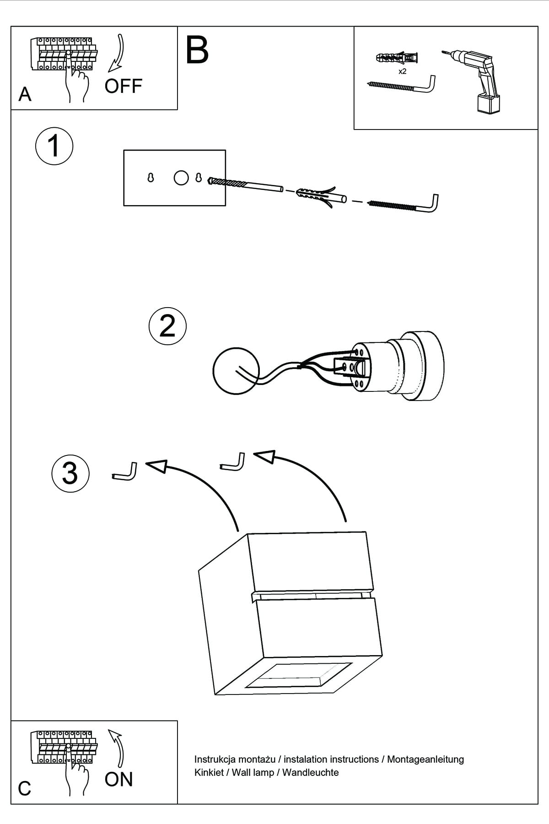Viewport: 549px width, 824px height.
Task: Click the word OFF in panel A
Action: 123,86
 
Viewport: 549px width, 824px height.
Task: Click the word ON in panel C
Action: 118,779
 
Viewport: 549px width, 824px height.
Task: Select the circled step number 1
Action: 54,146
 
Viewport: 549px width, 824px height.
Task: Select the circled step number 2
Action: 167,326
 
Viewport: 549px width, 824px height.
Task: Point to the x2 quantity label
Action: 403,71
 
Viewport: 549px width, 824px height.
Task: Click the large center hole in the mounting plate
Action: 181,178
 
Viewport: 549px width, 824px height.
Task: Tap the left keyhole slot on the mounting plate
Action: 151,178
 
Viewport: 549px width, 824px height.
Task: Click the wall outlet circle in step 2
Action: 236,370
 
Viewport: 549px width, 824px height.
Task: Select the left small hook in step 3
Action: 125,472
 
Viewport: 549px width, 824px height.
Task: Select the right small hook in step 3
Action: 233,462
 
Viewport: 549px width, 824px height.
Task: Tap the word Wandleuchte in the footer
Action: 311,772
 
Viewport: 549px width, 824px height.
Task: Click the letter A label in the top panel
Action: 25,94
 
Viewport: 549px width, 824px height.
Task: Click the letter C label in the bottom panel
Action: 25,788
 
